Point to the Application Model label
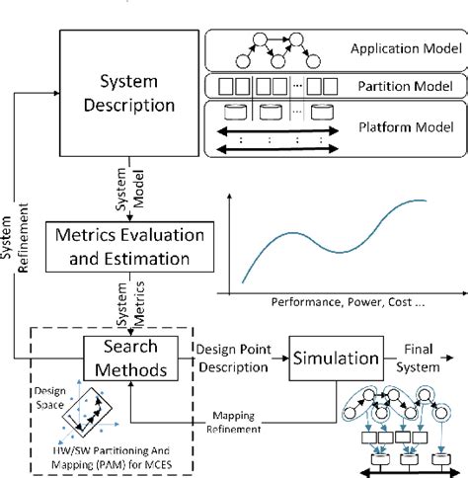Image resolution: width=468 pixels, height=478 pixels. pyautogui.click(x=404, y=48)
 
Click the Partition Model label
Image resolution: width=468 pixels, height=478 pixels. pyautogui.click(x=410, y=87)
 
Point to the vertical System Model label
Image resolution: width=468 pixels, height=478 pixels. pyautogui.click(x=120, y=193)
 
